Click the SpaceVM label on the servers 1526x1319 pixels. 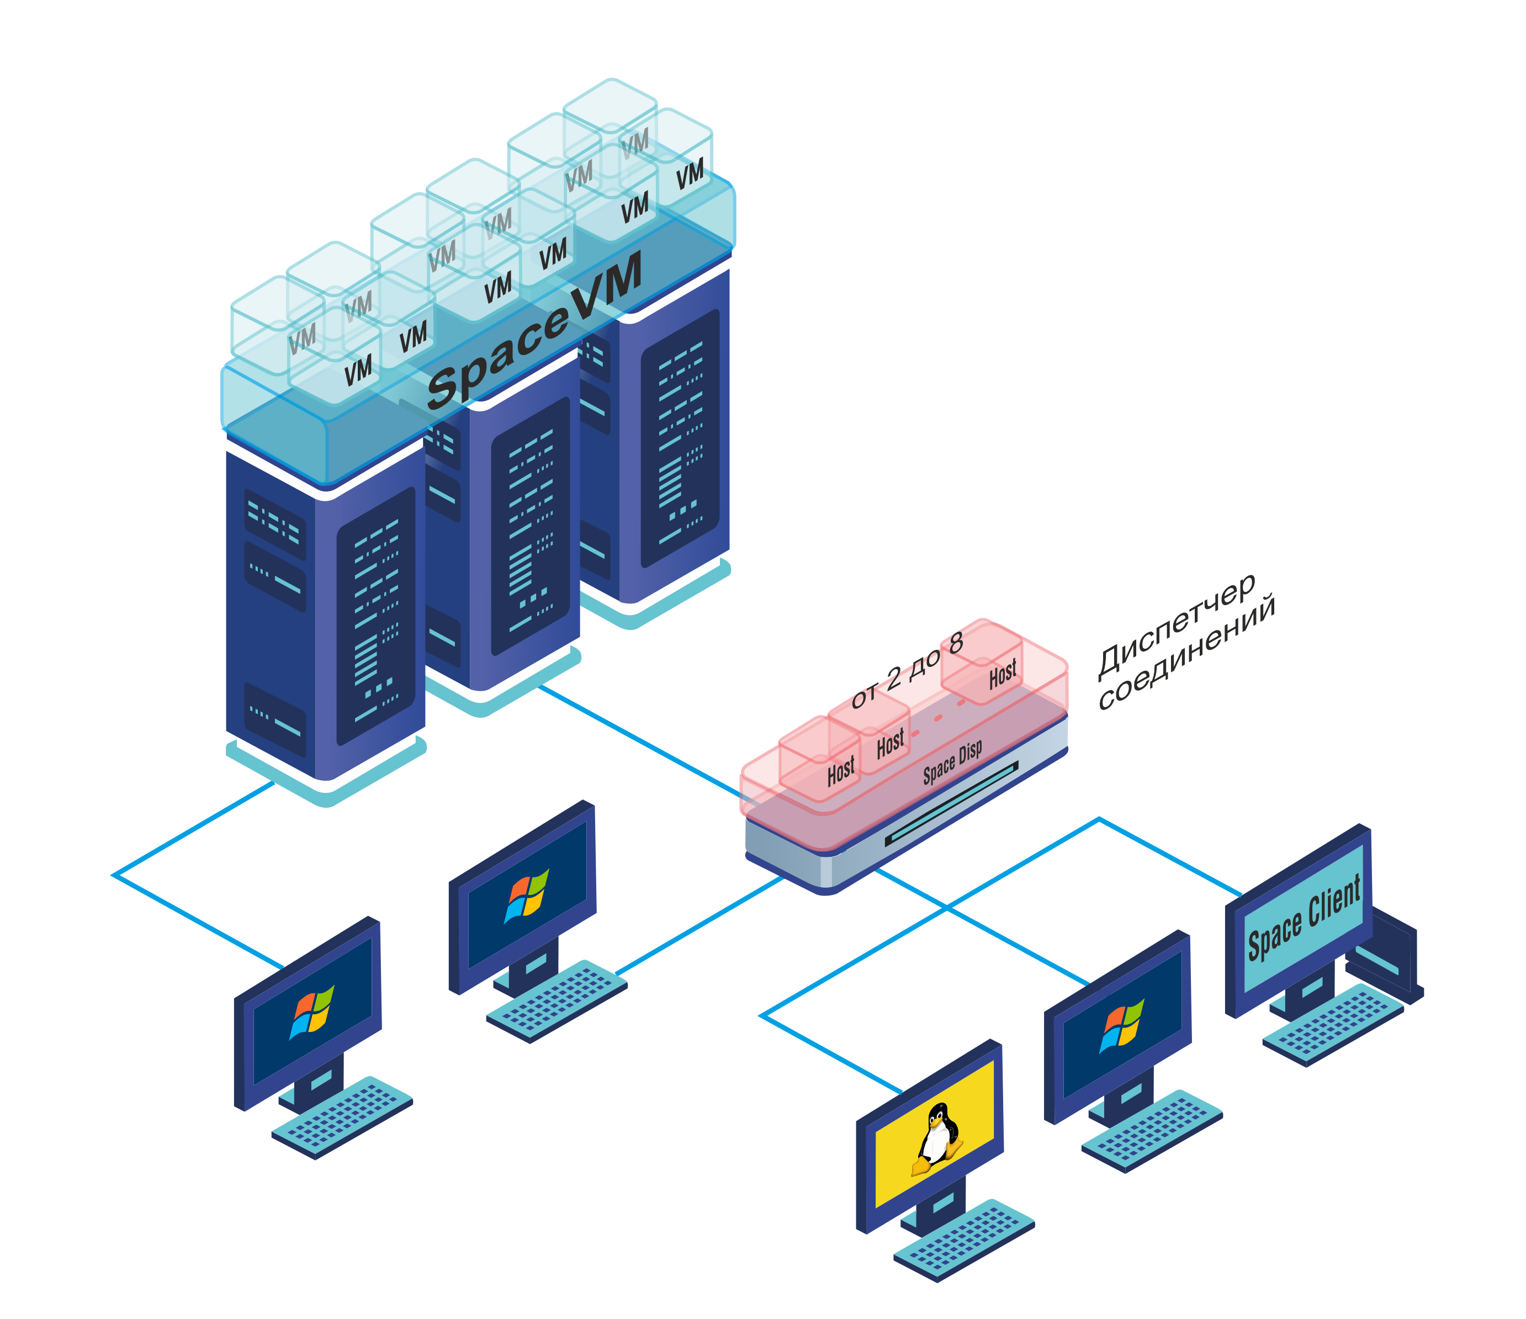pos(534,331)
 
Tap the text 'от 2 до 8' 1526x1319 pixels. pos(907,670)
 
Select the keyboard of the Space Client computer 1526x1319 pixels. pos(1333,1024)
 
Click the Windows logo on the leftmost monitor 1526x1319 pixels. pos(313,1012)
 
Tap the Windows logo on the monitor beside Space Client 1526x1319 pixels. pos(1122,1025)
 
